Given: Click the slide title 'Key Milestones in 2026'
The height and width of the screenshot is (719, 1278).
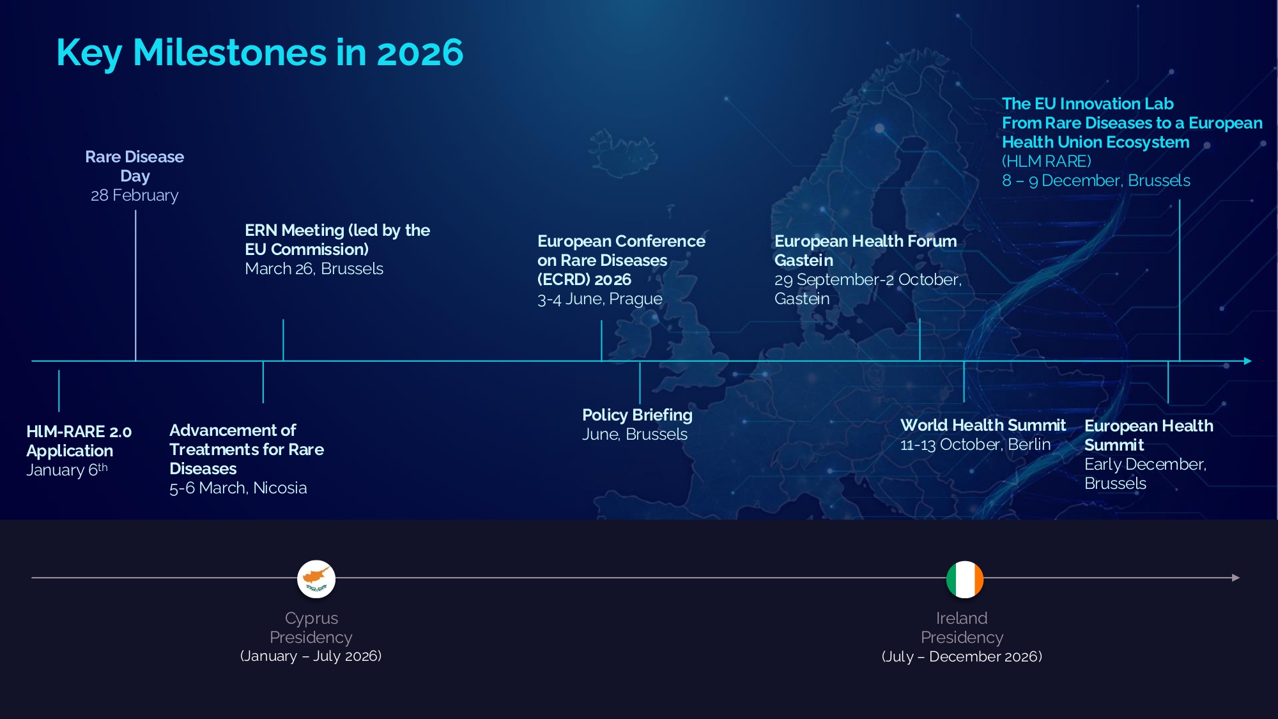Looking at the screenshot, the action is [260, 52].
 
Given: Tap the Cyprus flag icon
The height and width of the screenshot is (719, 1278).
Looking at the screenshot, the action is [316, 579].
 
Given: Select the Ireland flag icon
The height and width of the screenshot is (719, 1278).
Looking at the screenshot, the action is [965, 580].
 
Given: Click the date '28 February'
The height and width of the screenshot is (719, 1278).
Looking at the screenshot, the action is [134, 196].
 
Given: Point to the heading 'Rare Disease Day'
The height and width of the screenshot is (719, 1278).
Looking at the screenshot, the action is [134, 166].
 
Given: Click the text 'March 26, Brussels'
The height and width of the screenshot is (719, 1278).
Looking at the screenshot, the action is [314, 269].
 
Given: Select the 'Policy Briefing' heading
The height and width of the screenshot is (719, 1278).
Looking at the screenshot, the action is [637, 415].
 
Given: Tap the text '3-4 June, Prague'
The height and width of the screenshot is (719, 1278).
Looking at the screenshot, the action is [599, 299].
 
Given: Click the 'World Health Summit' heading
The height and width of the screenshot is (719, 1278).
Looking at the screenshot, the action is [983, 425].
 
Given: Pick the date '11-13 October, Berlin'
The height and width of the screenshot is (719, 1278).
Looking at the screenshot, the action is [975, 445].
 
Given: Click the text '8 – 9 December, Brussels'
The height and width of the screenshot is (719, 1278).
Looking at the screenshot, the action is [1096, 181].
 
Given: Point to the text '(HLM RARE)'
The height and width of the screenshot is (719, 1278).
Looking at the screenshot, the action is [1047, 162].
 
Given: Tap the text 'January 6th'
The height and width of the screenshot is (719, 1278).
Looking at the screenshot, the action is [67, 470].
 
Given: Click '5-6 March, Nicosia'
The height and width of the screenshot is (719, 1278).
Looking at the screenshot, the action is [238, 488].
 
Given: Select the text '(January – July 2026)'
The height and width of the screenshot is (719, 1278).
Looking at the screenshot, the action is [311, 656].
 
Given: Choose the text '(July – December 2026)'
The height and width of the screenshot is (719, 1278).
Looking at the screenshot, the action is [962, 657].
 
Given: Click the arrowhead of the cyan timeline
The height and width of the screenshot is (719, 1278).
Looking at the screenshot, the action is [1248, 361].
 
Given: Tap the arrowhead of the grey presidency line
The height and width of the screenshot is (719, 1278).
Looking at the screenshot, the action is [1236, 578].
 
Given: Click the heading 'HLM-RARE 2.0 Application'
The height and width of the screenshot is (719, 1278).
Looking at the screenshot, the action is [79, 442].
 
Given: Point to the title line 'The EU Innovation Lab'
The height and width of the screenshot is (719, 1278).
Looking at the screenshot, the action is [1088, 104].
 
